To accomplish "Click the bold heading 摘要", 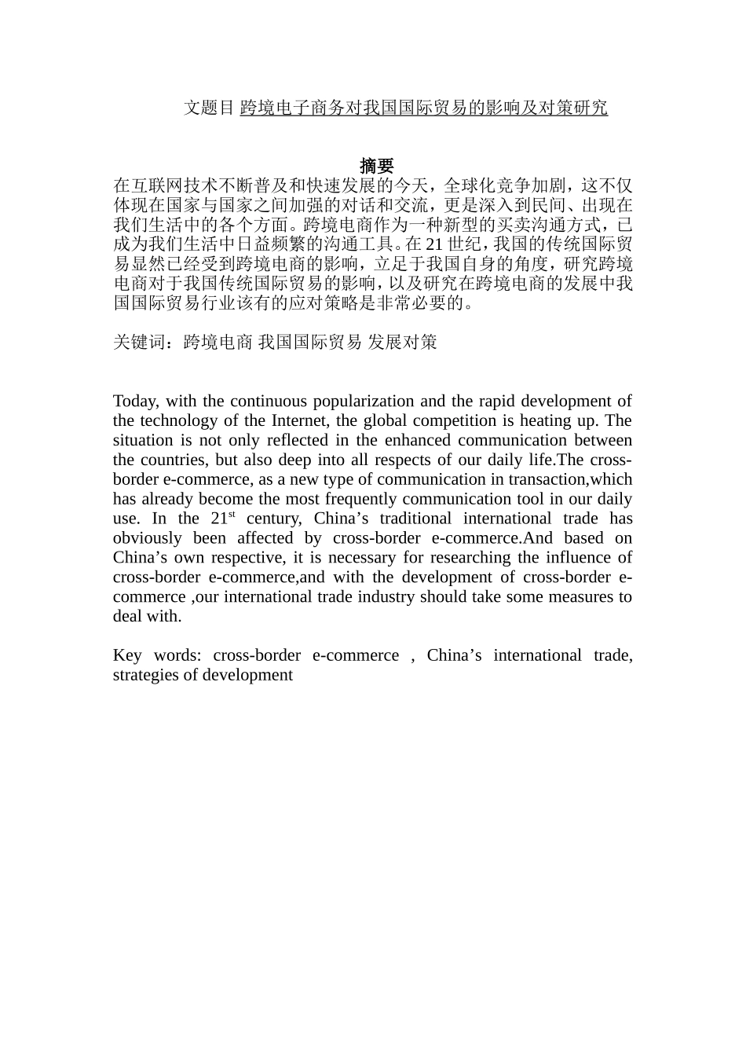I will [x=376, y=166].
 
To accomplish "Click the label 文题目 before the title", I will [x=209, y=108].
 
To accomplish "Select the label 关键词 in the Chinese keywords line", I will [x=139, y=342].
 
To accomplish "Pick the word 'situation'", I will [x=141, y=441].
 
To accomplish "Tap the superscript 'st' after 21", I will [x=232, y=515].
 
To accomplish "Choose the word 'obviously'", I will [x=147, y=538].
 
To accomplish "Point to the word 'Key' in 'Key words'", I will [x=127, y=656].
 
